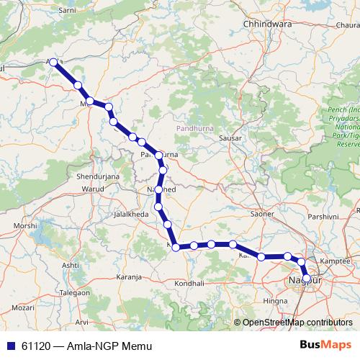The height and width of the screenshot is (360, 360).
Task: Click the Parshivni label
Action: tap(323, 216)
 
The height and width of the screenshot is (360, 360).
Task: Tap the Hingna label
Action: tap(275, 300)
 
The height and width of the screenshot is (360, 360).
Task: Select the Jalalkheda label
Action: tap(130, 214)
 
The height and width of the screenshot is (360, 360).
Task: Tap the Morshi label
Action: tap(25, 225)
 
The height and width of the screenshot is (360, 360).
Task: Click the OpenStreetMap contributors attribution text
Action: tap(297, 323)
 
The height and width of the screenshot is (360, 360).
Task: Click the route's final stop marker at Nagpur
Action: tap(306, 278)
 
